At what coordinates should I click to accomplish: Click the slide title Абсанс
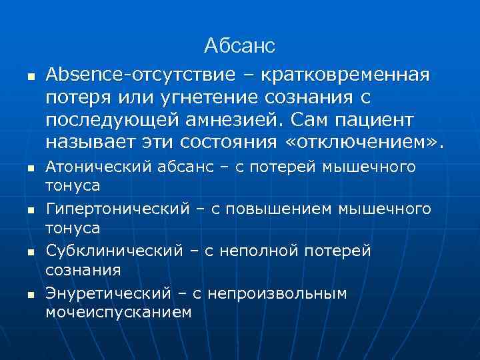point(239,46)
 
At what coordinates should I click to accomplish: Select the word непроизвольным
point(277,293)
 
